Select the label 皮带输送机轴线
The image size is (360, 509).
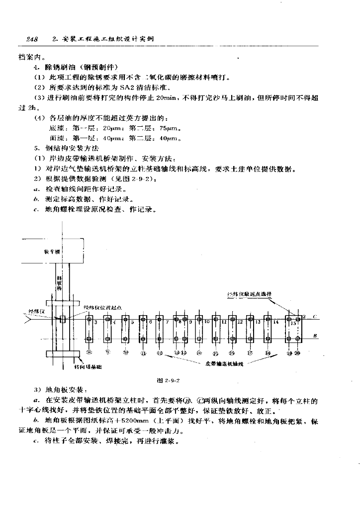pos(224,363)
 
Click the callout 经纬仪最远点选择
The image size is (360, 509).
pos(249,294)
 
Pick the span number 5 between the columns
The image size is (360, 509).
pos(132,322)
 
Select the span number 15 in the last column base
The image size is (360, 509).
pos(293,323)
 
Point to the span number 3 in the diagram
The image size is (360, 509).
pos(95,322)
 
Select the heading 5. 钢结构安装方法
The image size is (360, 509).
pos(67,148)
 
